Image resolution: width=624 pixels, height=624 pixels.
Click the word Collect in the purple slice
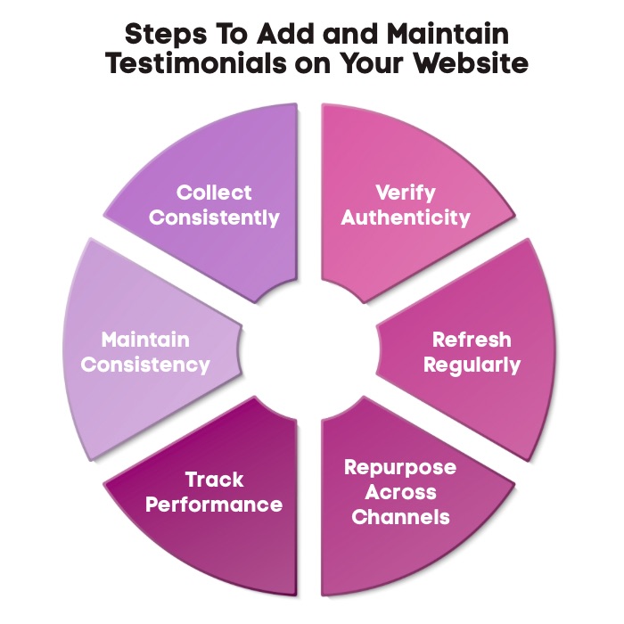[214, 193]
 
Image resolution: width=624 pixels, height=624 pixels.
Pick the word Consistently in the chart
[214, 218]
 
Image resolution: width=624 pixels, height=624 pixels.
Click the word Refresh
[472, 340]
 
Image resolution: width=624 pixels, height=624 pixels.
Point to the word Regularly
[472, 365]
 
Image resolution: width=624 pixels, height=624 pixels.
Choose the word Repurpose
[400, 468]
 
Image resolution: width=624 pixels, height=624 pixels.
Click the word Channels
[400, 517]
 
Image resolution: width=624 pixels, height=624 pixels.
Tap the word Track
[214, 480]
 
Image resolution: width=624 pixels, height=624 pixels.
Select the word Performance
[214, 505]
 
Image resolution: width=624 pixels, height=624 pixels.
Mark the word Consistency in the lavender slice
[145, 365]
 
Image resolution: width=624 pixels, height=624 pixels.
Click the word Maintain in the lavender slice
[145, 340]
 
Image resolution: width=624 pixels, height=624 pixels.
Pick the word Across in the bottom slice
[400, 492]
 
